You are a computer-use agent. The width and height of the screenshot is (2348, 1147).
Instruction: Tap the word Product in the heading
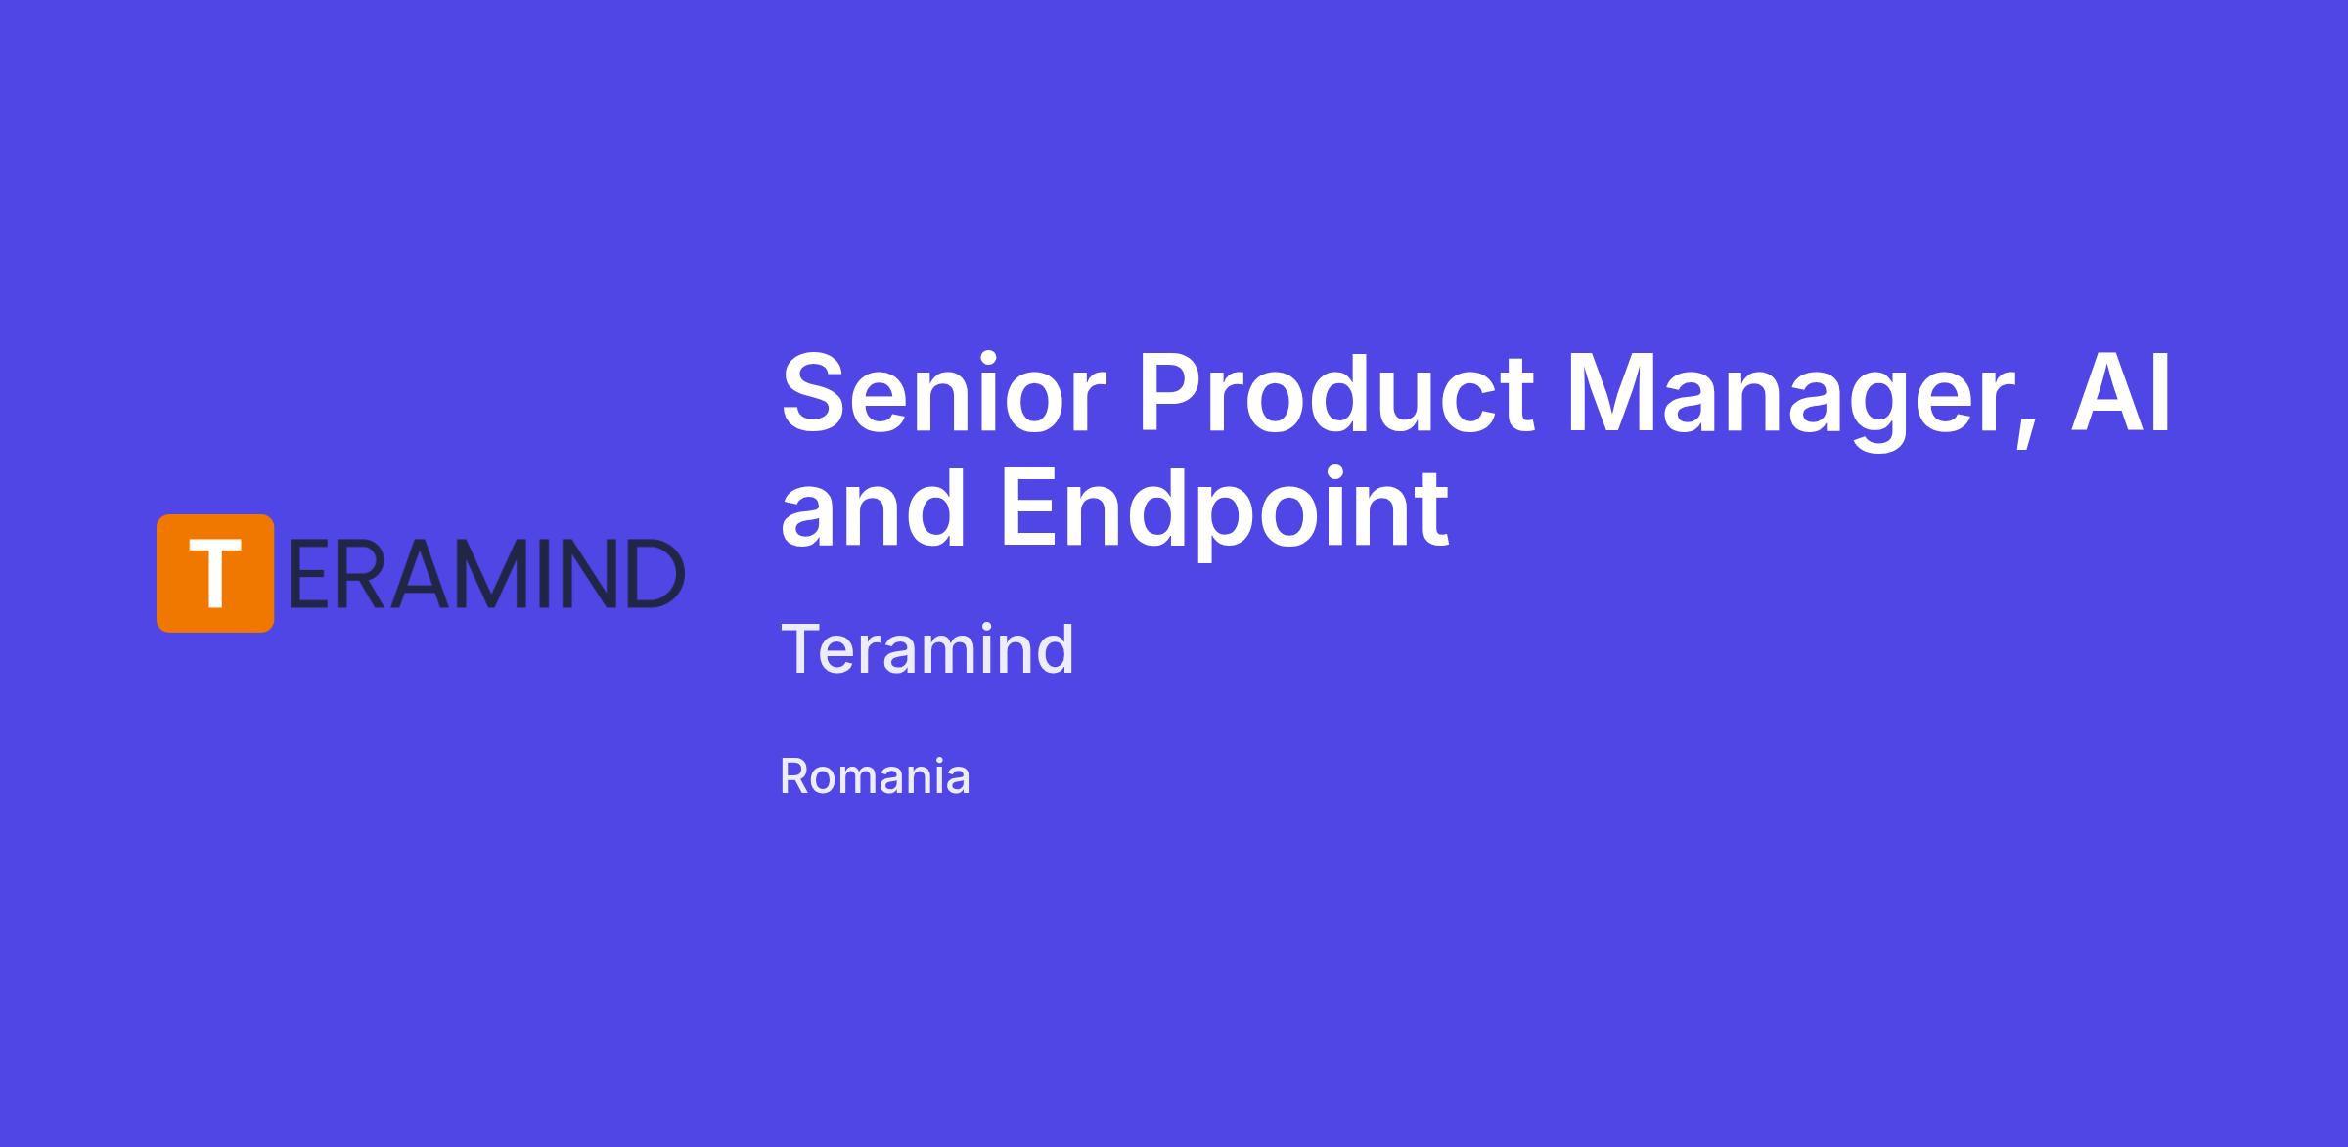(1336, 393)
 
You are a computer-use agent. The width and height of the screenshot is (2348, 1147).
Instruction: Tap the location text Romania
(875, 777)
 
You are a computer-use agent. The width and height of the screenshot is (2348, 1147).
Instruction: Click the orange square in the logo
(215, 573)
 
